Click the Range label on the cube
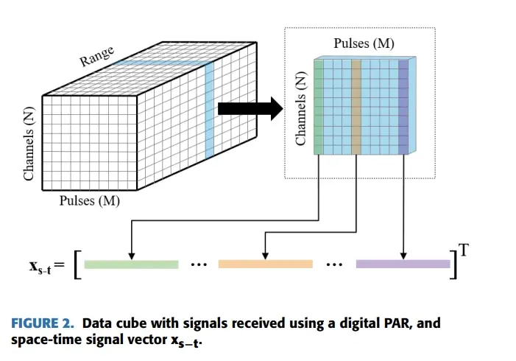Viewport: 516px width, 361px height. pyautogui.click(x=96, y=56)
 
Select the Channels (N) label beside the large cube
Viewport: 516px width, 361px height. pyautogui.click(x=29, y=144)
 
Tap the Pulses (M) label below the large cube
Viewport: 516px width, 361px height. pyautogui.click(x=90, y=200)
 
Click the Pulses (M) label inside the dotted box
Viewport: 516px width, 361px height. pyautogui.click(x=364, y=43)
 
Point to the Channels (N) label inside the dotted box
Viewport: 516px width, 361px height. pyautogui.click(x=300, y=108)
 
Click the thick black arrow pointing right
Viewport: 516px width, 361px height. pyautogui.click(x=250, y=109)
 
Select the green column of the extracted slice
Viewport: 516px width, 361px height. pyautogui.click(x=319, y=107)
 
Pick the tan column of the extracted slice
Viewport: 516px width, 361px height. pyautogui.click(x=356, y=107)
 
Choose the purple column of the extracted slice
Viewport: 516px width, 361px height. pyautogui.click(x=403, y=107)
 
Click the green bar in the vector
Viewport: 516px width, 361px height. pyautogui.click(x=131, y=264)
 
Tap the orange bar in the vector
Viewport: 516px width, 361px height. pyautogui.click(x=266, y=264)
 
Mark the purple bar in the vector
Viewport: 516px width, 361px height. pyautogui.click(x=403, y=264)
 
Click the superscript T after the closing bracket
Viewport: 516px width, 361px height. pyautogui.click(x=464, y=250)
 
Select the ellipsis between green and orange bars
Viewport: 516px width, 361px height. pyautogui.click(x=199, y=264)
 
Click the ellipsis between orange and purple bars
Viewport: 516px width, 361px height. pyautogui.click(x=334, y=264)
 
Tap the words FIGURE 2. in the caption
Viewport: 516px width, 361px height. pyautogui.click(x=43, y=323)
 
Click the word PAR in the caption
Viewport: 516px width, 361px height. pyautogui.click(x=398, y=323)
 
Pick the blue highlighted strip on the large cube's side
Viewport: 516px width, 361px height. pyautogui.click(x=209, y=111)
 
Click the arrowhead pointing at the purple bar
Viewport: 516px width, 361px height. pyautogui.click(x=403, y=256)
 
